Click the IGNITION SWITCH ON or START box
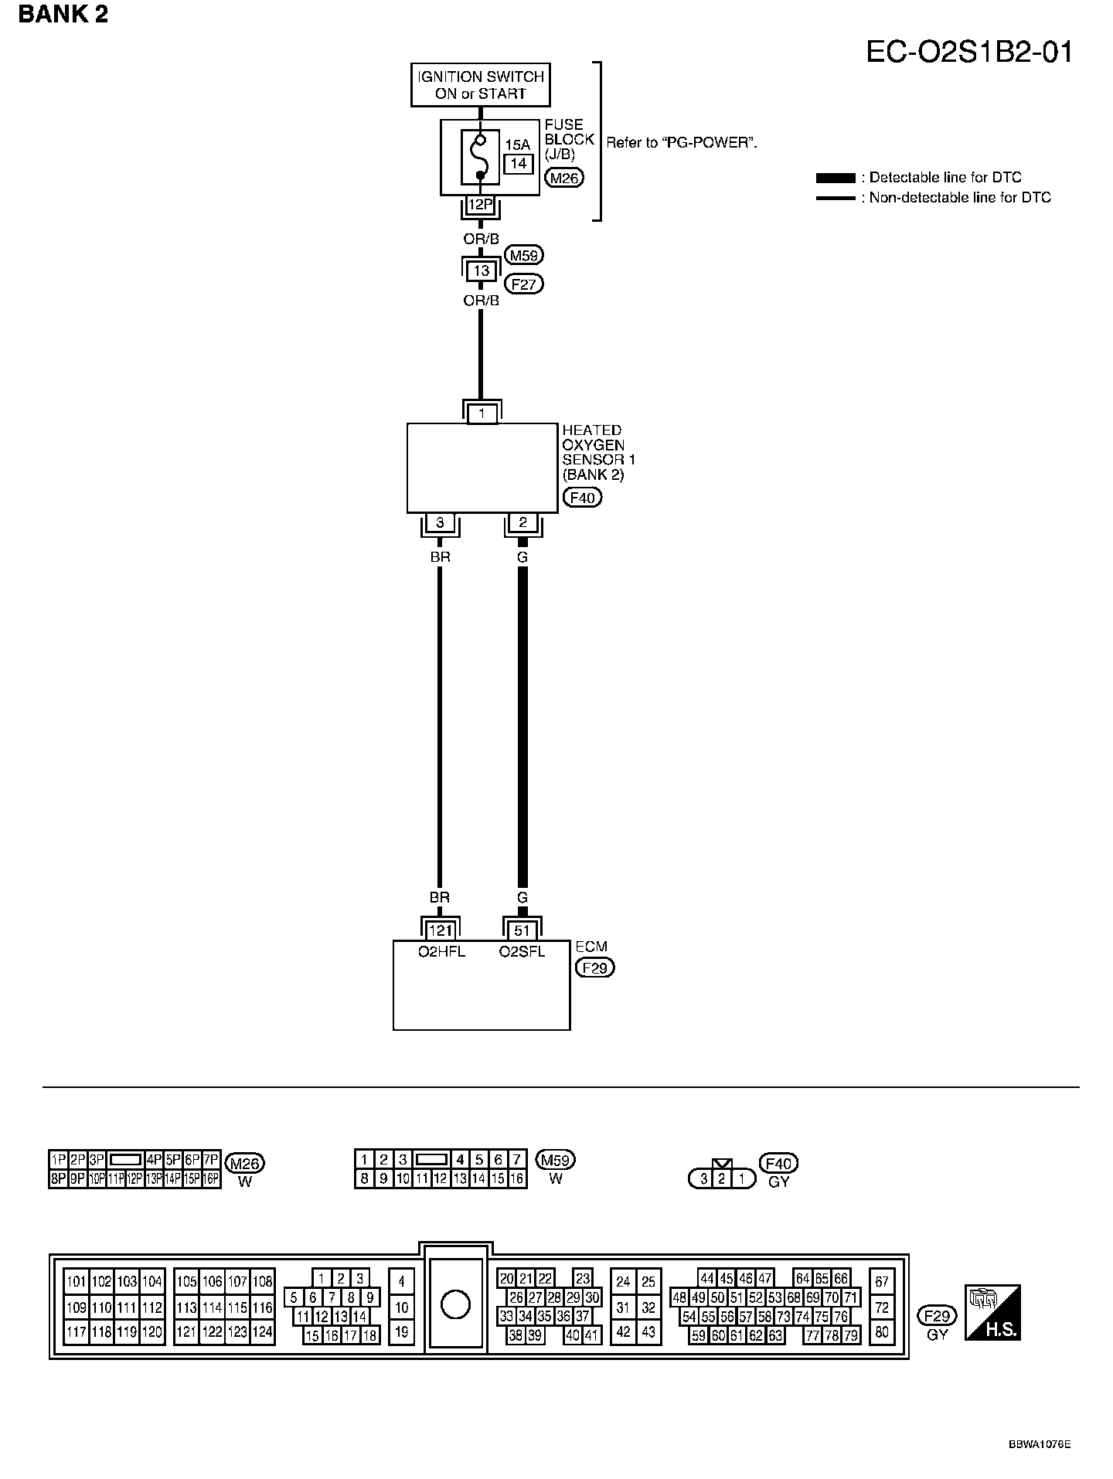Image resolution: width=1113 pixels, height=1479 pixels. (x=480, y=85)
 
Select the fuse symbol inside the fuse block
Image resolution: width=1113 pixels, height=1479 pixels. (x=480, y=158)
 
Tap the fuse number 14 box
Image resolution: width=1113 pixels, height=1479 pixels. (x=518, y=163)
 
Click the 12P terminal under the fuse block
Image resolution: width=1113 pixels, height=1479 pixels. (x=480, y=205)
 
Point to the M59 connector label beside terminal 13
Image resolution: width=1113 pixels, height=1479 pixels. (x=524, y=255)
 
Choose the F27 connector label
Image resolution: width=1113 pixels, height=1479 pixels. (x=523, y=284)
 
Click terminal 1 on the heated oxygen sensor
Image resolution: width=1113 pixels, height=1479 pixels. (x=482, y=413)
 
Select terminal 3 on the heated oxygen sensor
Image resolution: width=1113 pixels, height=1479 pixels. (x=440, y=523)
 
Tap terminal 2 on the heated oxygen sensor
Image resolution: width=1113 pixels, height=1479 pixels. (x=522, y=523)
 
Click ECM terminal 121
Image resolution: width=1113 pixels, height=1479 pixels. (x=440, y=930)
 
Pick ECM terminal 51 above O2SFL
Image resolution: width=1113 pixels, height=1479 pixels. (x=522, y=930)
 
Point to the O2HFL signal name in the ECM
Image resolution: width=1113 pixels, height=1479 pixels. (x=441, y=952)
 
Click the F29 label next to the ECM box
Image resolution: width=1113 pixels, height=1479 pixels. (x=595, y=967)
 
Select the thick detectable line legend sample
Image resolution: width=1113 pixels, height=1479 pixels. (x=836, y=178)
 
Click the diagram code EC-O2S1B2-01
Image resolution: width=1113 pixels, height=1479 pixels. (x=969, y=52)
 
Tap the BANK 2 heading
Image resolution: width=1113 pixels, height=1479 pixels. (x=63, y=15)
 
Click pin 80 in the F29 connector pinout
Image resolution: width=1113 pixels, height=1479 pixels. (x=882, y=1331)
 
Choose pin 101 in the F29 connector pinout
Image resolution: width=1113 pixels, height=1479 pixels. (x=76, y=1282)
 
